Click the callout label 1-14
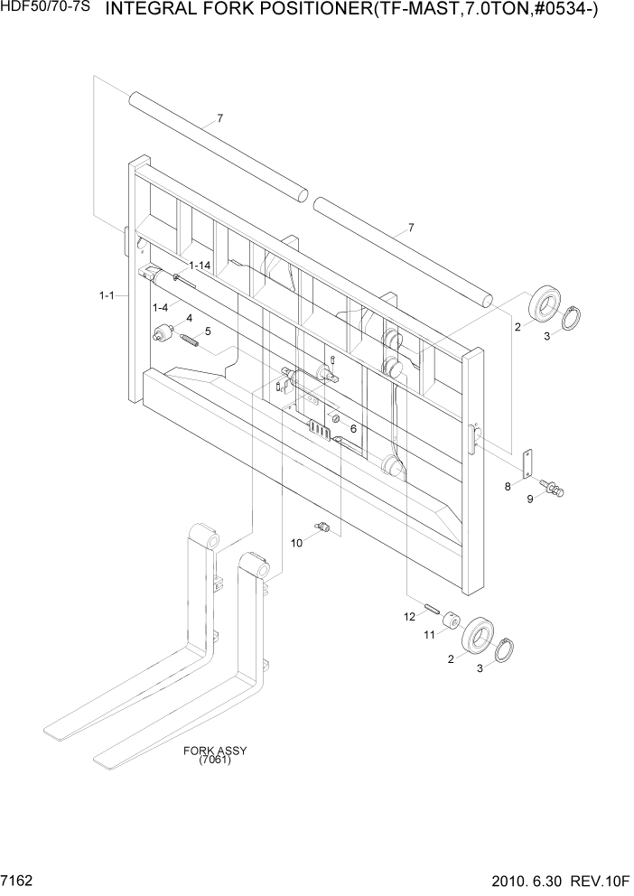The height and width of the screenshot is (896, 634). click(x=200, y=265)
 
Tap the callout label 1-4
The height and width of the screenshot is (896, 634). click(x=160, y=308)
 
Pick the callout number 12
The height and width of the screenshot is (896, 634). click(x=408, y=616)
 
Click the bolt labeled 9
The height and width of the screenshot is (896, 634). click(x=552, y=489)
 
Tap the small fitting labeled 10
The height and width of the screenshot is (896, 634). click(x=322, y=527)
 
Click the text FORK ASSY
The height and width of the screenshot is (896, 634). click(x=215, y=751)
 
